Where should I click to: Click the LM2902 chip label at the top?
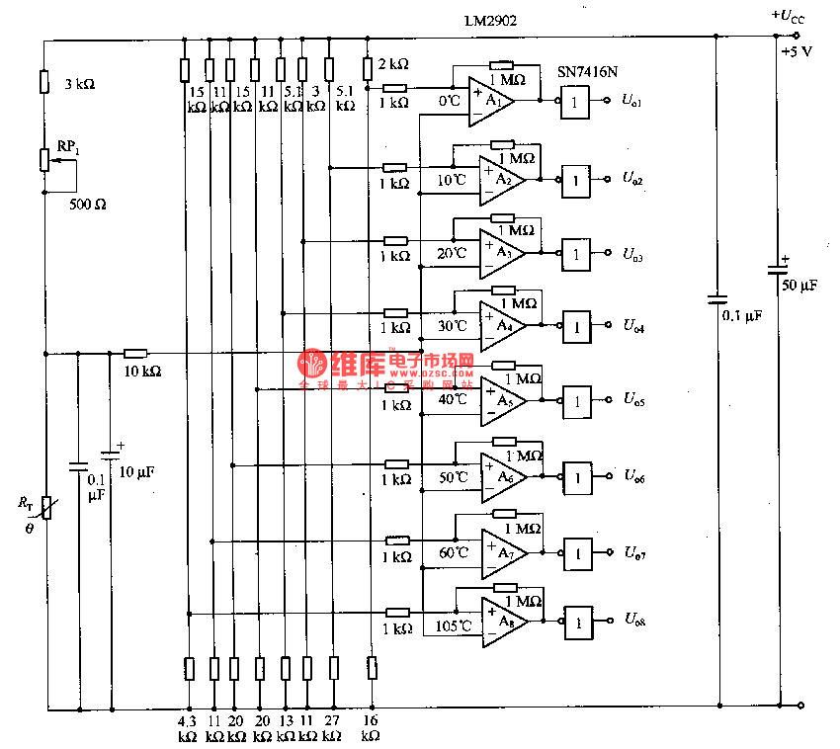(x=490, y=20)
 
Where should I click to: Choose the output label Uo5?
(x=633, y=400)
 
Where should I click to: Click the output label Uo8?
(x=633, y=621)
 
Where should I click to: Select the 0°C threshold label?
(x=450, y=101)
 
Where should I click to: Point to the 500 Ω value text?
(x=87, y=206)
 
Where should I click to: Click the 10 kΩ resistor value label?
(x=141, y=372)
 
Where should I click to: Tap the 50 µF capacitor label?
(x=799, y=286)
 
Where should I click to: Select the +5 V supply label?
(x=796, y=51)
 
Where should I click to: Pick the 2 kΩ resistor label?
(x=393, y=64)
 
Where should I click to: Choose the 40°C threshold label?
(x=454, y=400)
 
